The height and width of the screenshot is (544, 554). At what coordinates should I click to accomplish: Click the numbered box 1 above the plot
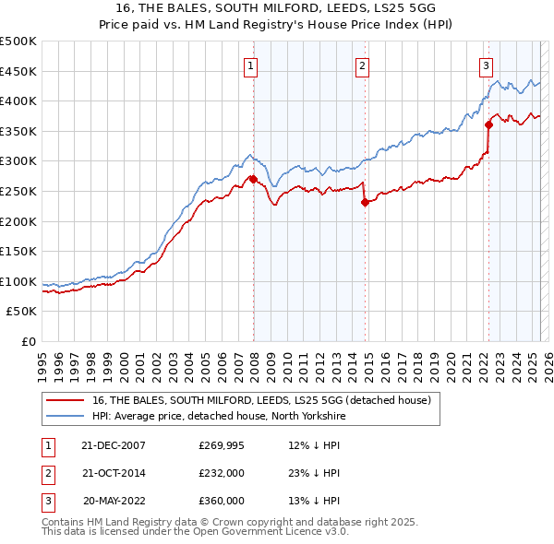click(x=251, y=65)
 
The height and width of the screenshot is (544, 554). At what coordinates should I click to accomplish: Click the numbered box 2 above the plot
click(x=363, y=65)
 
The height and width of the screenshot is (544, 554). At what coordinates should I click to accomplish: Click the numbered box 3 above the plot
click(x=486, y=65)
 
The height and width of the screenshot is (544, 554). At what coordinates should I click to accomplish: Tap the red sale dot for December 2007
click(x=253, y=179)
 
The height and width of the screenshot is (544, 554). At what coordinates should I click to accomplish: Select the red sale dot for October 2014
click(x=365, y=203)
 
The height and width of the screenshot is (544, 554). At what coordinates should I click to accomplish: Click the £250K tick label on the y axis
click(x=18, y=191)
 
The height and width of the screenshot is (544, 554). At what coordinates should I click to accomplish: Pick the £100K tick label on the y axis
click(x=18, y=281)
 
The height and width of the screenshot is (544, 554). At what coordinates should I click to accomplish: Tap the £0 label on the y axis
click(x=28, y=341)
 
